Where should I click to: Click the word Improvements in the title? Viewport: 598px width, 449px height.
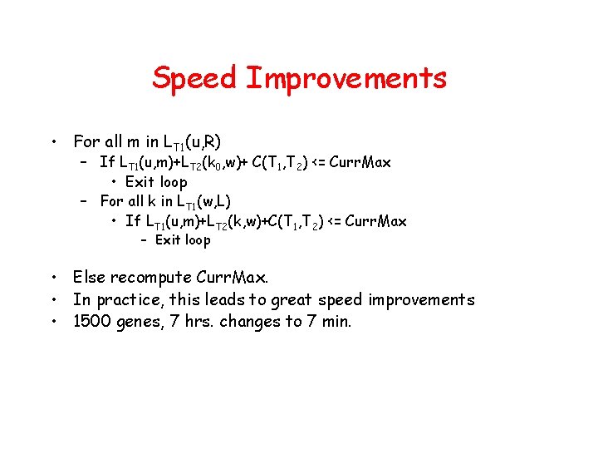(x=346, y=79)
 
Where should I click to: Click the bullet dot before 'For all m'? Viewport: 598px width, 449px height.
(x=51, y=141)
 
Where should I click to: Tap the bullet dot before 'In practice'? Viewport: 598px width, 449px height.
(x=51, y=299)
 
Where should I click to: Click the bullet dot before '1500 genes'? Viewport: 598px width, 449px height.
(x=51, y=321)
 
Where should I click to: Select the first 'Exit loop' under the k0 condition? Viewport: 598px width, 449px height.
(x=156, y=182)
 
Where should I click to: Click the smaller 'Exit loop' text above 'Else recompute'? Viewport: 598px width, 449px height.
(x=183, y=240)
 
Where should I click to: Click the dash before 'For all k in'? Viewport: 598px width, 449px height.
(x=84, y=201)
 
